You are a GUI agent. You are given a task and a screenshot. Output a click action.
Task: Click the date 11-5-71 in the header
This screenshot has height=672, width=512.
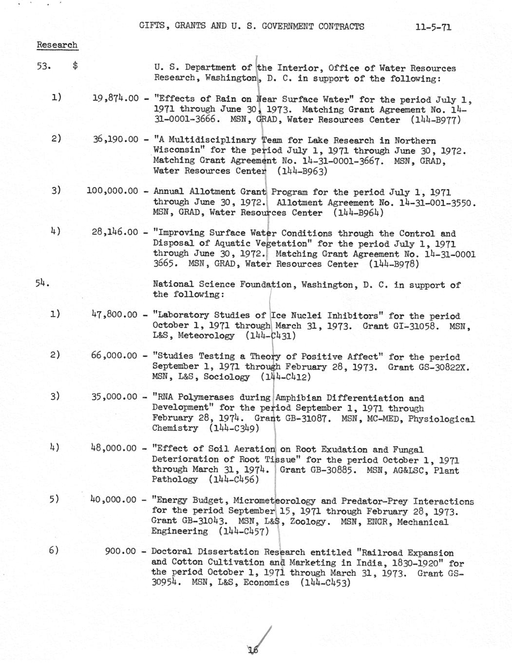[433, 27]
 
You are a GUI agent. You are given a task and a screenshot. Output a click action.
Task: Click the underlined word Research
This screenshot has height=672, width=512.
[57, 45]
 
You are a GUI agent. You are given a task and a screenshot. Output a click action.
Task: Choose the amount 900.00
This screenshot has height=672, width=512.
[120, 552]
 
